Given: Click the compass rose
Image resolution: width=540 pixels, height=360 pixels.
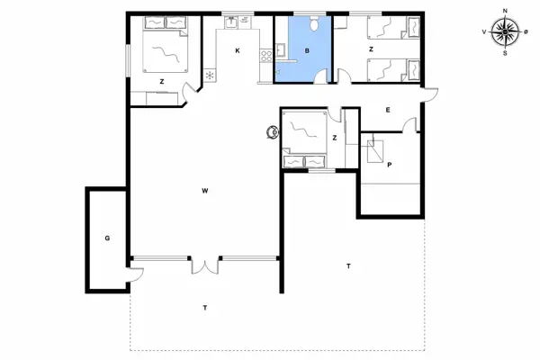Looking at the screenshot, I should (505, 31).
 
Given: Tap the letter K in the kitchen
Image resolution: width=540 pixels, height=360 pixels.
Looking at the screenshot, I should (238, 50).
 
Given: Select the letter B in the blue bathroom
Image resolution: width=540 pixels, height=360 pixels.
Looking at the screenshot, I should (307, 51).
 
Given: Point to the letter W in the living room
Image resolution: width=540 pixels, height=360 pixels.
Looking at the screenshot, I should (205, 191).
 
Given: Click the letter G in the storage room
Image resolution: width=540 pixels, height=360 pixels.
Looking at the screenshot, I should (107, 238).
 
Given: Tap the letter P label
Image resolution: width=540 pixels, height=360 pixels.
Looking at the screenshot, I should (389, 166).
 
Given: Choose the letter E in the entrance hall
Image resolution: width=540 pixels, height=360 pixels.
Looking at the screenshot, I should (388, 110).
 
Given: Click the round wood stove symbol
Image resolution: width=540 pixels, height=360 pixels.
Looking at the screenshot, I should (271, 133).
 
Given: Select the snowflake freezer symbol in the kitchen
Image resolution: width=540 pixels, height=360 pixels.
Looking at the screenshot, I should (211, 76).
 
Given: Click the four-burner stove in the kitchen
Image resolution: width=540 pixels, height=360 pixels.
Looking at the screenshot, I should (265, 57).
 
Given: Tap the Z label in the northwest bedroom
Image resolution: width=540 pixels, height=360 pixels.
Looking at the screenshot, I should (162, 82).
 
